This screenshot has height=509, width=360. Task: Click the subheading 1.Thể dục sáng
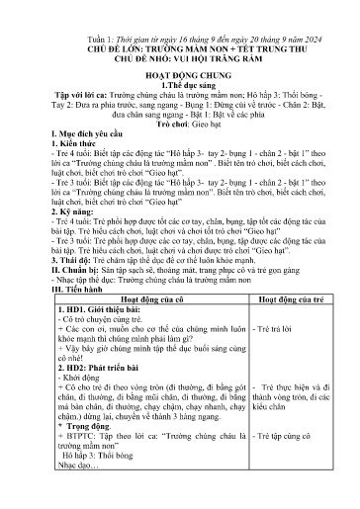(x=179, y=97)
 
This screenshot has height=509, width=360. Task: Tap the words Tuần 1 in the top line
(x=96, y=33)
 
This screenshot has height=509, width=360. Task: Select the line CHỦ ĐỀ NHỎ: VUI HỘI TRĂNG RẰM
(x=181, y=58)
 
